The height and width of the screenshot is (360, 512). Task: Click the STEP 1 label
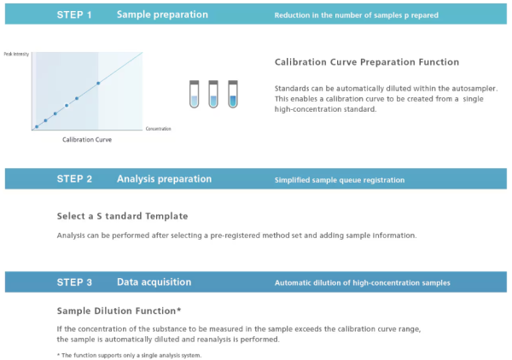tap(74, 15)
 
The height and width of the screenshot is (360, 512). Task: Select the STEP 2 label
tap(74, 179)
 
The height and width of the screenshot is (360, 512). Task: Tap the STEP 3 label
tap(74, 282)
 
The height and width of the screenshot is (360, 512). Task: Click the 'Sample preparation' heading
tap(162, 15)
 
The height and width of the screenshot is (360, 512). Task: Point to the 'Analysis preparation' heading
tap(164, 179)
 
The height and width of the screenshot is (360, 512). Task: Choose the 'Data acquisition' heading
tap(154, 282)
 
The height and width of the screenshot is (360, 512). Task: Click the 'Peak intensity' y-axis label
tap(16, 55)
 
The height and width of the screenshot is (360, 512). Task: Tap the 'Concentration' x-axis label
tap(159, 129)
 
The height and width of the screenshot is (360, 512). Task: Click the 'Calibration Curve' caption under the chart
tap(87, 140)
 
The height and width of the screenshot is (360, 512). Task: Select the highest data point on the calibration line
tap(98, 84)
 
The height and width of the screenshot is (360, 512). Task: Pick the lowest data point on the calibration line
tap(37, 126)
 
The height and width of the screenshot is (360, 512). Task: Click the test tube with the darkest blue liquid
tap(233, 94)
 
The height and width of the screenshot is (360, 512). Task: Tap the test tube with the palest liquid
tap(194, 94)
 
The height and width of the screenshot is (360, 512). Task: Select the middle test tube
tap(213, 94)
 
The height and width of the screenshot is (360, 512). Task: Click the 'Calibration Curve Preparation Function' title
tap(367, 62)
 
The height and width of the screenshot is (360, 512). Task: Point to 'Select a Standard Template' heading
tap(122, 216)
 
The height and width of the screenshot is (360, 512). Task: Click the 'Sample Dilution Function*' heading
tap(119, 311)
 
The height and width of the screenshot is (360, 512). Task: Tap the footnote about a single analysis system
tap(130, 355)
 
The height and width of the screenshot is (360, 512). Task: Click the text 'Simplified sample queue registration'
tap(340, 180)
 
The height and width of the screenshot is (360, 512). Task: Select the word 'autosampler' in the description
tap(474, 89)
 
